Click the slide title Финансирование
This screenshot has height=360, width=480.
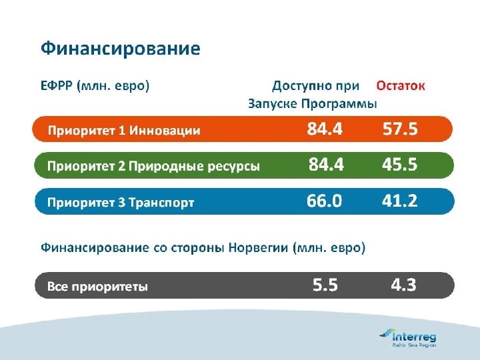tap(120, 49)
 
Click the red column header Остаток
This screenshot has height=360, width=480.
tap(400, 86)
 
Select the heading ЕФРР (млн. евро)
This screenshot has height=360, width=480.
tap(95, 86)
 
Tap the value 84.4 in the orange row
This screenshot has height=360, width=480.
tap(325, 129)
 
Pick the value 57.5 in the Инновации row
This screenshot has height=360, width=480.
tap(400, 129)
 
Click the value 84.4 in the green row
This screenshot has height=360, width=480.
tap(326, 165)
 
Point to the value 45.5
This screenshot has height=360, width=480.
tap(400, 165)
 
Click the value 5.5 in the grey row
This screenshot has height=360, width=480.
tap(325, 286)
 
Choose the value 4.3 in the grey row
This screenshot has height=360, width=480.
tap(403, 286)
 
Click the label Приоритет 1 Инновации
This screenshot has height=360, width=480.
tap(123, 131)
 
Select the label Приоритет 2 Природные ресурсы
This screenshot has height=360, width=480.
tap(153, 167)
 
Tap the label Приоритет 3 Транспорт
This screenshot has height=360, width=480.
tap(120, 203)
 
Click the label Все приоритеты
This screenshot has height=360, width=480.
tap(97, 287)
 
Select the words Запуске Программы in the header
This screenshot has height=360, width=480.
tap(312, 104)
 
